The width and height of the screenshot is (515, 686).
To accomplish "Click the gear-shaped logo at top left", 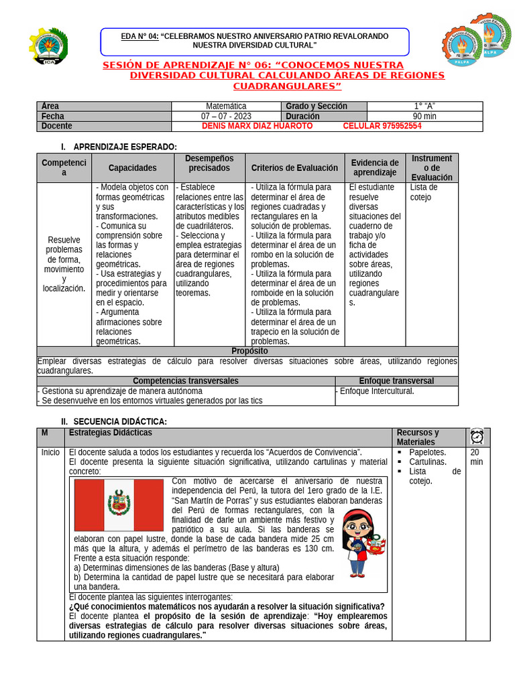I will point(48,46).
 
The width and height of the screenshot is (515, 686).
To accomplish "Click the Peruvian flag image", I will point(119,505).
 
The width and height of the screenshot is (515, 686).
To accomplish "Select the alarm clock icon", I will point(477,436).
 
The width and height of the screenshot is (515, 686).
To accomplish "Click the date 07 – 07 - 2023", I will point(226,116).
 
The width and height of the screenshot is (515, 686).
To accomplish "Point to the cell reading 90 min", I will point(424,116).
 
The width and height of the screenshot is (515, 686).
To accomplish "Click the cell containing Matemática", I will point(226,106).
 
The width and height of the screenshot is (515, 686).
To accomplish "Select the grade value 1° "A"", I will point(424,106).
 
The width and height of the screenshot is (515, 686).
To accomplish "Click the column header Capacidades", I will point(132,168).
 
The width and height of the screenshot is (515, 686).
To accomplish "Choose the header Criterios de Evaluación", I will point(294,168).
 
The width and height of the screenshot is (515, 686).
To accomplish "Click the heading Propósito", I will point(249,351).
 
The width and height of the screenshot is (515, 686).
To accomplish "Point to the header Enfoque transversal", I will point(396,381).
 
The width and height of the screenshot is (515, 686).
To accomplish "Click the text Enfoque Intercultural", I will point(377,391).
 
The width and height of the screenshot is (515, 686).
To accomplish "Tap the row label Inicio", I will point(50,452).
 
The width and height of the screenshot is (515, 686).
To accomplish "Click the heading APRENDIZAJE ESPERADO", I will point(125,147).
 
